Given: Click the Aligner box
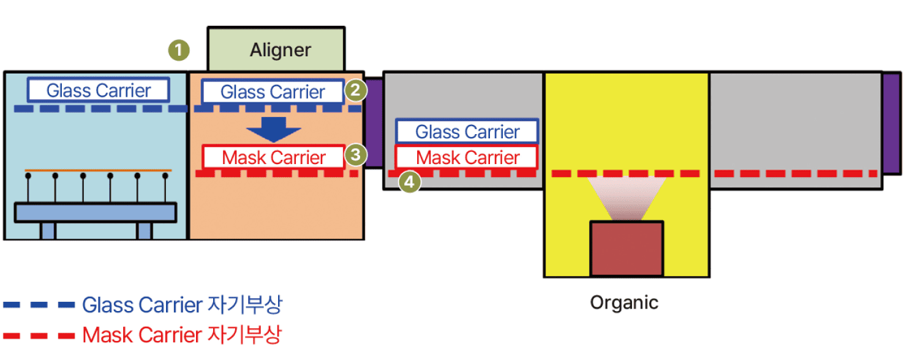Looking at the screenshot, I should click(276, 50).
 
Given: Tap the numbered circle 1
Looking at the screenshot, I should click(179, 50).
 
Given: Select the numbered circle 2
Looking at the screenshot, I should click(356, 91).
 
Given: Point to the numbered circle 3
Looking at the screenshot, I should click(356, 155).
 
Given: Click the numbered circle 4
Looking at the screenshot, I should click(410, 181).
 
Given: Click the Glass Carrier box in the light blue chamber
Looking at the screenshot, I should click(99, 91).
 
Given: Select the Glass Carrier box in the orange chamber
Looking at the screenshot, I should click(273, 92).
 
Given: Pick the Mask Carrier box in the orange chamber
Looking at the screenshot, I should click(273, 157).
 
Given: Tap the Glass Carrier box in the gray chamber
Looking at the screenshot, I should click(467, 132).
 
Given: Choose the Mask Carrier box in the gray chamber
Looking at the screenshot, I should click(467, 157).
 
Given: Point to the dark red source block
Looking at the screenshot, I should click(626, 249).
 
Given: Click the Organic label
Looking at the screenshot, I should click(624, 302).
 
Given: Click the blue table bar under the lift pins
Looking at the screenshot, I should click(96, 212).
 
